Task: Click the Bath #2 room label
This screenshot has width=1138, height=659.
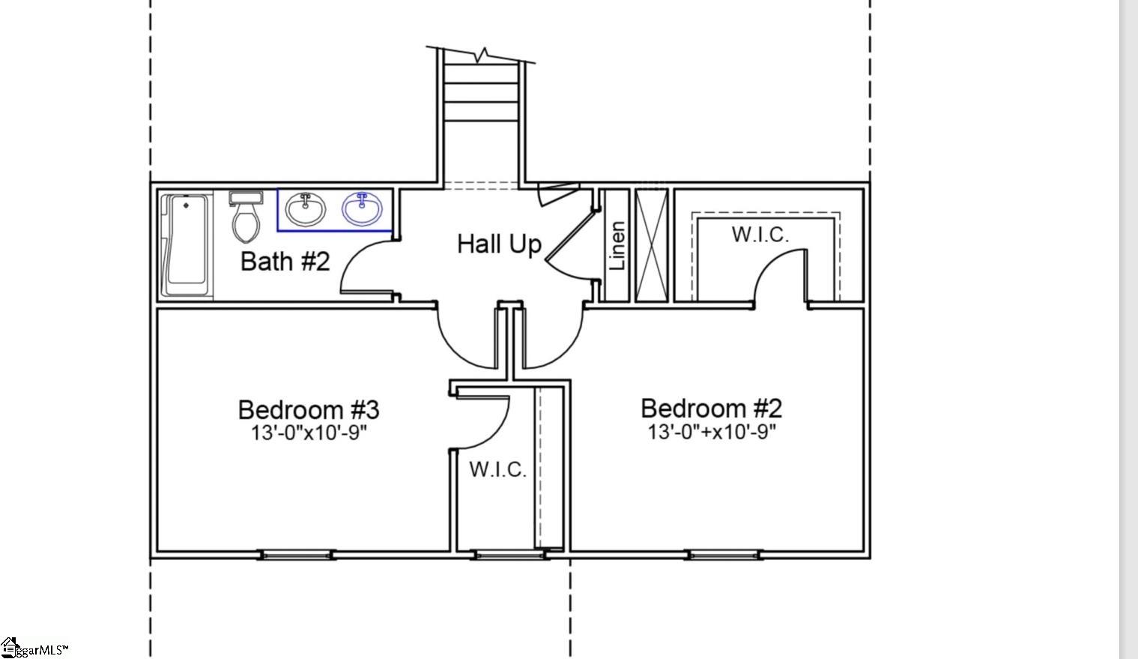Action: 285,262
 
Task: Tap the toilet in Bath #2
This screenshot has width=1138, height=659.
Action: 245,218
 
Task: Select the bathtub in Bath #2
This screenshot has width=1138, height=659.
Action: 185,245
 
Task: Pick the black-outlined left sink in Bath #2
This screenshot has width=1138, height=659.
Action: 305,210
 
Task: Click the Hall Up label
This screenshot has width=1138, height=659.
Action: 499,244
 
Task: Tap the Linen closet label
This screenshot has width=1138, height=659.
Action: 617,246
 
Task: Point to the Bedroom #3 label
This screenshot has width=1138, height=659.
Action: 309,410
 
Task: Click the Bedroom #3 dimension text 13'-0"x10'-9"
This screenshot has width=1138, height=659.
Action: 309,433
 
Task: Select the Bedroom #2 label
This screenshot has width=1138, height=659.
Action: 711,409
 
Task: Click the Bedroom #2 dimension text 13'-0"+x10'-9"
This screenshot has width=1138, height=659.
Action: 711,432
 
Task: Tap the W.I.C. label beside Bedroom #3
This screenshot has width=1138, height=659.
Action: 497,470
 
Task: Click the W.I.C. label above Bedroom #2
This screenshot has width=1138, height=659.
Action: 760,235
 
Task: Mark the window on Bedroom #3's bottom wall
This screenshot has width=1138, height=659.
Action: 296,555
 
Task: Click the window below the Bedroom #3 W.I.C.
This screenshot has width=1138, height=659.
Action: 510,555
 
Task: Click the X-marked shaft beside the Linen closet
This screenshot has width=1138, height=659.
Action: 651,245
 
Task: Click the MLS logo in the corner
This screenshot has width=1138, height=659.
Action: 34,649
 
